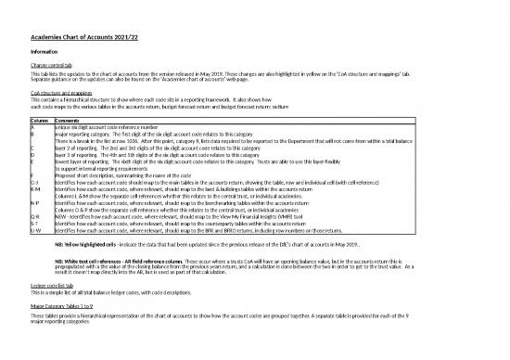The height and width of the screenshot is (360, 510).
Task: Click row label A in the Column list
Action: click(33, 128)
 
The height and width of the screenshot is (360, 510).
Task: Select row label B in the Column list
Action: click(33, 135)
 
